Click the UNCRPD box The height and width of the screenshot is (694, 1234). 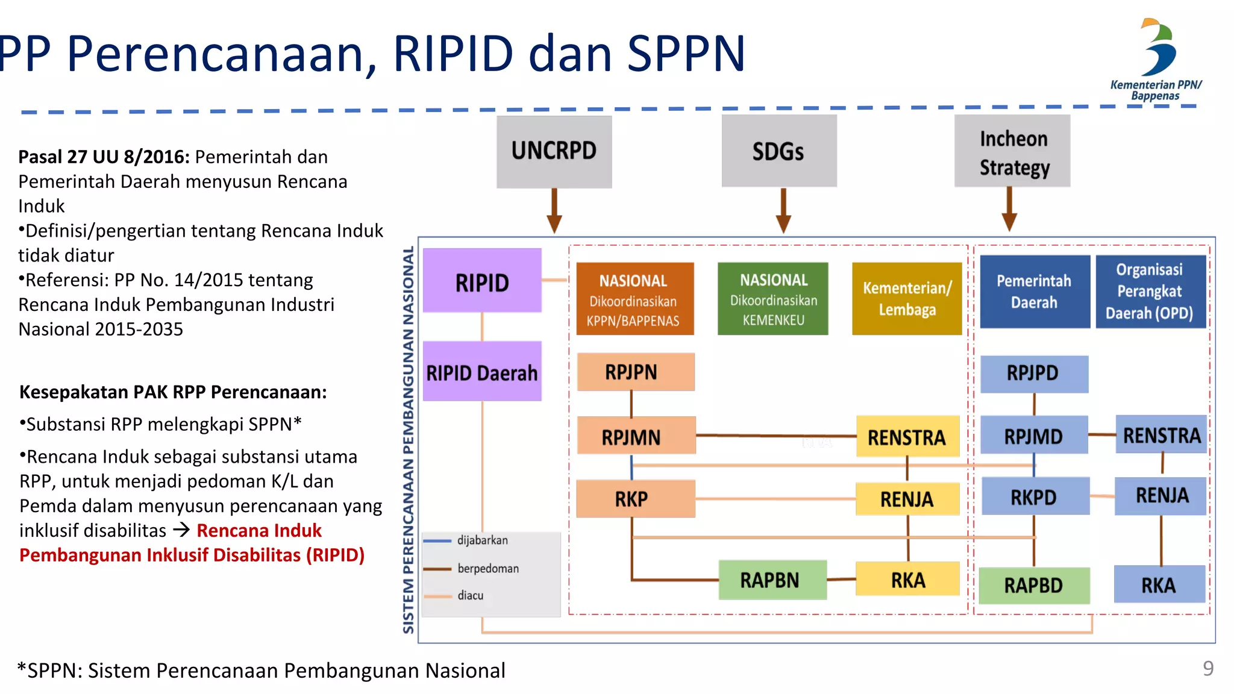pyautogui.click(x=554, y=151)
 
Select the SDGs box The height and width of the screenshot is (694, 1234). pyautogui.click(x=778, y=151)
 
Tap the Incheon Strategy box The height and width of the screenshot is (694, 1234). pyautogui.click(x=1012, y=151)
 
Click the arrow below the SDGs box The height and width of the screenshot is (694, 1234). pyautogui.click(x=783, y=211)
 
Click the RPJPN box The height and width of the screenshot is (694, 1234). pyautogui.click(x=635, y=372)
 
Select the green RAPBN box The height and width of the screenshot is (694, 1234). pyautogui.click(x=772, y=580)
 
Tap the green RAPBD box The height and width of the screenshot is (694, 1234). pyautogui.click(x=1034, y=585)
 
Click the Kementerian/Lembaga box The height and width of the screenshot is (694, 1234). pyautogui.click(x=907, y=299)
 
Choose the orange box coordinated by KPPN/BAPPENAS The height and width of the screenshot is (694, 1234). pyautogui.click(x=634, y=299)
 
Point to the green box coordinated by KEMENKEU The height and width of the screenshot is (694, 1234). pyautogui.click(x=773, y=299)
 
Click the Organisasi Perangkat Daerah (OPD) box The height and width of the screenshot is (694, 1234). pyautogui.click(x=1150, y=292)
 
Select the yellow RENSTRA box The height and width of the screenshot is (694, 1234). pyautogui.click(x=907, y=437)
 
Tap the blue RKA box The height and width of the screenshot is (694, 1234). pyautogui.click(x=1159, y=584)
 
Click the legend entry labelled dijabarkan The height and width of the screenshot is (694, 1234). pyautogui.click(x=482, y=540)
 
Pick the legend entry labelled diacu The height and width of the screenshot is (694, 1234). pyautogui.click(x=470, y=596)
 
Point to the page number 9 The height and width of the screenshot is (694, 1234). pyautogui.click(x=1207, y=669)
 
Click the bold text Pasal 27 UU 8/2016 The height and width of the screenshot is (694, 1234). pyautogui.click(x=104, y=157)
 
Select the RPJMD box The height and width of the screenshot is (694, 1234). pyautogui.click(x=1034, y=436)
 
